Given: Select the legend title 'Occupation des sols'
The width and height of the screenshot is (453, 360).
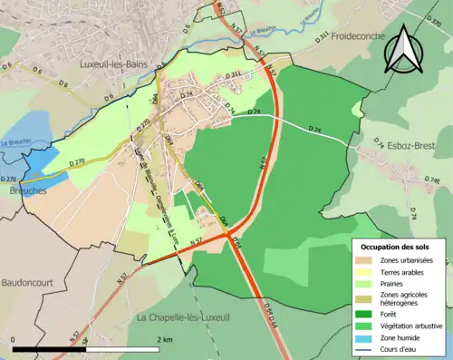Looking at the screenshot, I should [x=396, y=247].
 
